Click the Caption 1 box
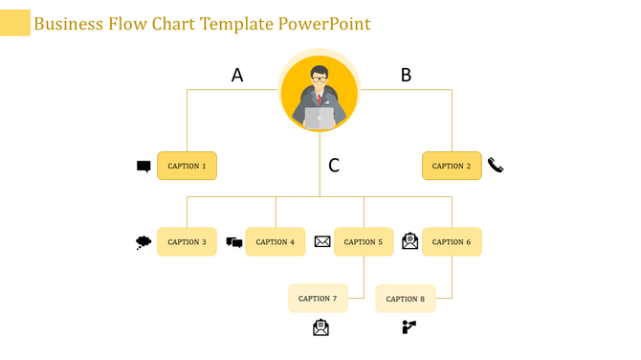[x=187, y=166]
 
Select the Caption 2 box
[x=452, y=166]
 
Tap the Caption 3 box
[x=187, y=241]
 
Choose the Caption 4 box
[x=276, y=241]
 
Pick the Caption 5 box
[x=364, y=241]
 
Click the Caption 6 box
[x=452, y=241]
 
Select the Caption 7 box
[x=318, y=298]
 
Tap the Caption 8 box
[x=406, y=299]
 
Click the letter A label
[x=237, y=75]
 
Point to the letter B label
[x=406, y=75]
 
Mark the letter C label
[x=334, y=166]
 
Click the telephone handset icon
[x=496, y=165]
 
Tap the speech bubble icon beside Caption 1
[x=144, y=167]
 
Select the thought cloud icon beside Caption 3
[x=144, y=242]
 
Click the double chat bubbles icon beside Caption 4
[x=234, y=242]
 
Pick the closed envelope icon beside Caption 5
[x=322, y=241]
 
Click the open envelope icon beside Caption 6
[x=409, y=240]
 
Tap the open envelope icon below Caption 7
[x=320, y=327]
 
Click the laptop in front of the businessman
[x=320, y=118]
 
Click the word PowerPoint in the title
[x=324, y=23]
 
